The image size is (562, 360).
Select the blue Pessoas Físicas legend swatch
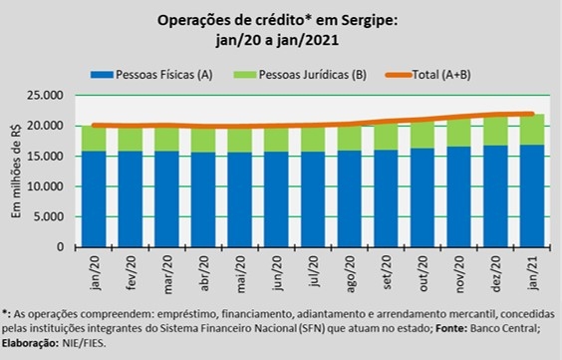point(103,75)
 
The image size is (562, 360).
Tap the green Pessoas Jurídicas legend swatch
point(245,75)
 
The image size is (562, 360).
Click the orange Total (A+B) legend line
point(399,75)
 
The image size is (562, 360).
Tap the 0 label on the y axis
point(60,247)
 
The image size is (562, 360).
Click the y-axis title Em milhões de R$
point(16,172)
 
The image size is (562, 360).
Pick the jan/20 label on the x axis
point(96,272)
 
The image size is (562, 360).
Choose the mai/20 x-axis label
point(241,273)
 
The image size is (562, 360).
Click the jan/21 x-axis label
point(533,272)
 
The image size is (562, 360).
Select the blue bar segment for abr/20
point(203,199)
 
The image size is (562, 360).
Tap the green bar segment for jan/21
point(532,130)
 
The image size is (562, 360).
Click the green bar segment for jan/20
point(94,139)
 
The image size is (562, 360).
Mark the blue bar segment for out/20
point(422,197)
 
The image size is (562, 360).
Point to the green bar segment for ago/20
point(350,138)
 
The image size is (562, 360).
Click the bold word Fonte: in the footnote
point(451,328)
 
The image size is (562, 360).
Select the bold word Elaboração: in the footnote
point(30,343)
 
